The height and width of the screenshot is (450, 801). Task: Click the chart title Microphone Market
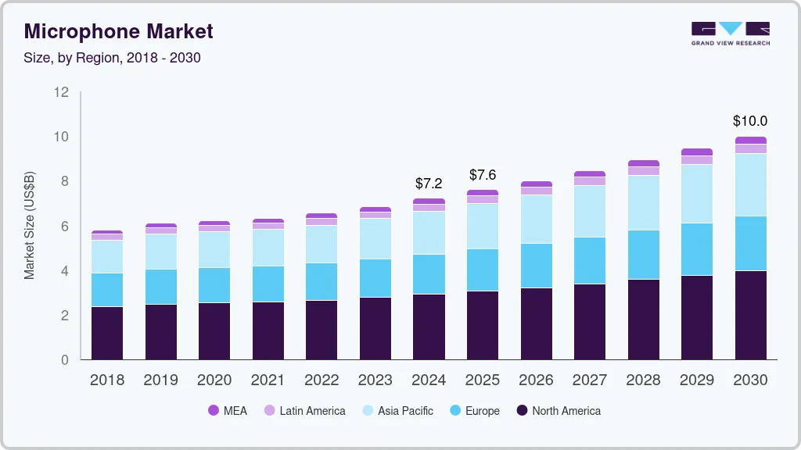click(118, 32)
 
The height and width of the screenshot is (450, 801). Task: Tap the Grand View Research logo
click(730, 33)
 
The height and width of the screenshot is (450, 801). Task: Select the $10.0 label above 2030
click(749, 121)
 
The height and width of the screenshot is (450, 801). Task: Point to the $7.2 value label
click(429, 184)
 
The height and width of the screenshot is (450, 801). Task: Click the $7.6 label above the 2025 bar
click(483, 175)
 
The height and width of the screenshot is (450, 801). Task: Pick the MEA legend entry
click(228, 410)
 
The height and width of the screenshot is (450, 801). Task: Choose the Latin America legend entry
click(304, 410)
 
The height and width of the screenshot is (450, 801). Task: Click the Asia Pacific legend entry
click(397, 410)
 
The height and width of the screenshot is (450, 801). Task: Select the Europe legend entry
click(474, 410)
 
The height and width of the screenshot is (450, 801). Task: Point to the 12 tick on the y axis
click(61, 92)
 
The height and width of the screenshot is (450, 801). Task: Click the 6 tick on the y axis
click(65, 227)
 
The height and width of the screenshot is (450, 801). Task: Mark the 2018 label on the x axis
click(107, 380)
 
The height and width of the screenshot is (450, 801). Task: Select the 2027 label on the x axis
click(589, 380)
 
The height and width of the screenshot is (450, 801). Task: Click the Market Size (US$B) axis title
click(30, 225)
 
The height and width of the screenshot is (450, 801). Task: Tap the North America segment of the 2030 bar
click(750, 315)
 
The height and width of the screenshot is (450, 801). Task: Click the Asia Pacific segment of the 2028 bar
click(643, 202)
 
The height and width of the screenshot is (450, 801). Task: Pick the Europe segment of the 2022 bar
click(321, 281)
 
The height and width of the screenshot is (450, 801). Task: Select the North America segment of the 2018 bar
click(107, 333)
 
